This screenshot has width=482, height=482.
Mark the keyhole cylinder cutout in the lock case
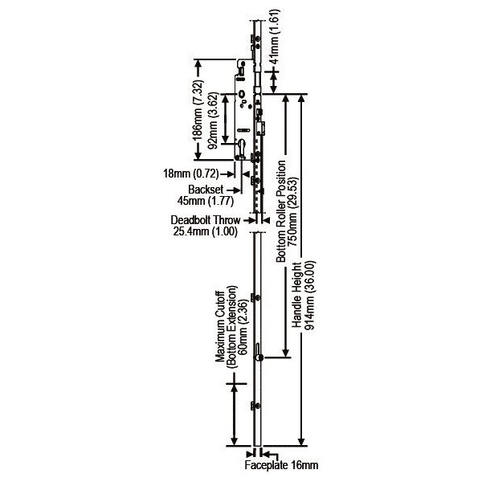[243, 150]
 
